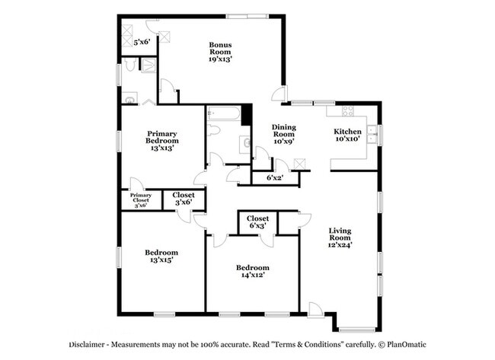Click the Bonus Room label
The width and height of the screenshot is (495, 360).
coord(220,48)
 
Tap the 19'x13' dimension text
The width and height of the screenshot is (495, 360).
coord(220,59)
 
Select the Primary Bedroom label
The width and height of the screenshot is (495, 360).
coord(162,137)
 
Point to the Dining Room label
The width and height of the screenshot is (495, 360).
coord(284,131)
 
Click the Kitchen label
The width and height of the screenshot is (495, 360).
coord(347,131)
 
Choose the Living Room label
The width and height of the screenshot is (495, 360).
coord(340,234)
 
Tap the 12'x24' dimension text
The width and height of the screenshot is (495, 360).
coord(340,245)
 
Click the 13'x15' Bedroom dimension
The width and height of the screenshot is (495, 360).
coord(161,260)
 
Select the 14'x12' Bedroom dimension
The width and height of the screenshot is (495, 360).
coord(253,275)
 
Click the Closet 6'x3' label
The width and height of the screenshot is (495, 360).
coord(257,221)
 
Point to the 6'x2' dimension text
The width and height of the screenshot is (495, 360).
coord(275,177)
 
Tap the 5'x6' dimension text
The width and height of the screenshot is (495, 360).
coord(142,42)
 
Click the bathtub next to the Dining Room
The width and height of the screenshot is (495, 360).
coord(224,113)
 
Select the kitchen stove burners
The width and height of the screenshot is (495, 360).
coord(348,111)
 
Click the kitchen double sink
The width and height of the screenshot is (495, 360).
coord(373,135)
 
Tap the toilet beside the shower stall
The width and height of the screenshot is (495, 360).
coord(129,65)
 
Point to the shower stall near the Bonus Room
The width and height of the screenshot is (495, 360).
coord(148,65)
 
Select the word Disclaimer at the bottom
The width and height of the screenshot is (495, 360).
coord(87,345)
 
